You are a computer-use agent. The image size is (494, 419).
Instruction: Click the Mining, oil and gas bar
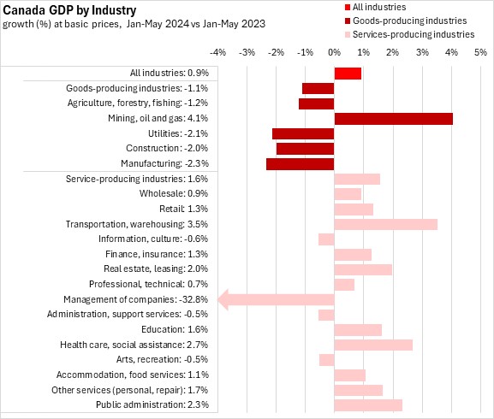tap(394, 119)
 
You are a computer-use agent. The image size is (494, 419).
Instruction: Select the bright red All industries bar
tap(348, 74)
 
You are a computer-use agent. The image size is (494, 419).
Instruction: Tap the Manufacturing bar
tap(301, 164)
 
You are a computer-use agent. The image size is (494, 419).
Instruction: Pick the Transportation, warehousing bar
tap(386, 225)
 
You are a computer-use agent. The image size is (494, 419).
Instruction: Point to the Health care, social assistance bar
tap(373, 345)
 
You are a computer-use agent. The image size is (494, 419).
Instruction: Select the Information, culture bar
tap(326, 239)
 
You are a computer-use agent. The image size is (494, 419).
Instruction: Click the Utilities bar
tap(303, 134)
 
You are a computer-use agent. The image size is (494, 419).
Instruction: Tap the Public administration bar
tap(368, 405)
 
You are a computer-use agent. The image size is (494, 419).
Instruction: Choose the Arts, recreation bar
tap(327, 360)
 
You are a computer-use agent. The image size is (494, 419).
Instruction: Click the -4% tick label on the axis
tap(217, 52)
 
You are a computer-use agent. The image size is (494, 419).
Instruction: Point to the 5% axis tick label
tap(481, 52)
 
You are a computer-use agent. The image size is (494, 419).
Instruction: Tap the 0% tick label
tap(334, 52)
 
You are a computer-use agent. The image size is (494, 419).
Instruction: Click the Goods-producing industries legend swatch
tap(348, 21)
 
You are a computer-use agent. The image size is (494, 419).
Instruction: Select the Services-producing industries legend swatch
tap(348, 34)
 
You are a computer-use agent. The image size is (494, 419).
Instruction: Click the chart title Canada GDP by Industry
tap(69, 10)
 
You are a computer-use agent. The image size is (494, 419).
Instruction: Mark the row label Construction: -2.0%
tap(167, 148)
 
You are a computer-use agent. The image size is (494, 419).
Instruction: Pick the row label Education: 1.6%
tap(175, 329)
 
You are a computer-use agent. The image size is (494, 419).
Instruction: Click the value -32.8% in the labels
tap(193, 299)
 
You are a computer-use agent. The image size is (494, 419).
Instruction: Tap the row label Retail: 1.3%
tap(184, 209)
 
